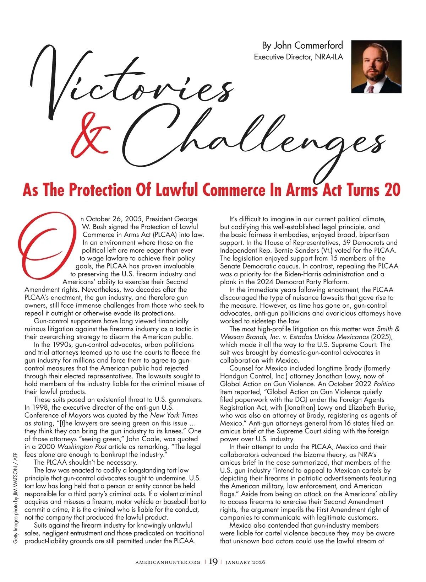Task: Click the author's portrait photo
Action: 376,66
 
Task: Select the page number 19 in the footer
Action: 213,562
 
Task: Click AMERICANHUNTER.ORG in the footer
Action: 168,562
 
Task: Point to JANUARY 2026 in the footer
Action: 245,562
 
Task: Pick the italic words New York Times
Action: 174,415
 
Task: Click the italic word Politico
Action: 384,384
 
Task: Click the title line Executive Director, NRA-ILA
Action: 298,57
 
